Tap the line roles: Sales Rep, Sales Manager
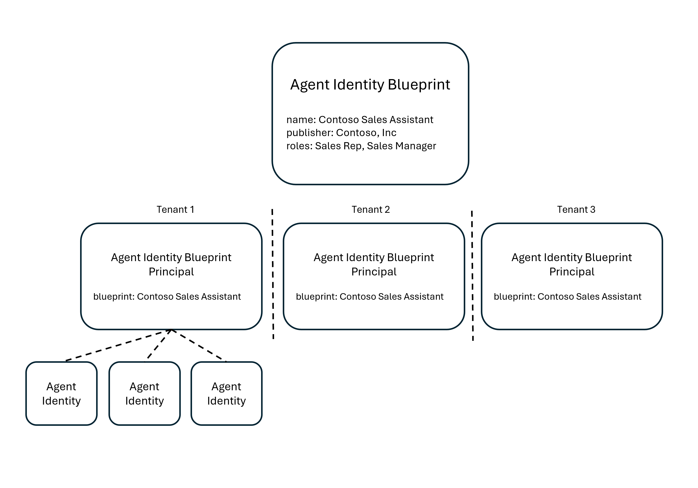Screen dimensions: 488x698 (361, 146)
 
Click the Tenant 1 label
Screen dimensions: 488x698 (175, 209)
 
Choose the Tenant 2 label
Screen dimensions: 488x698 (371, 209)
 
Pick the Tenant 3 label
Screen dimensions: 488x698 (576, 209)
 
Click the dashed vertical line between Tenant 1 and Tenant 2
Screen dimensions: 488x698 (273, 274)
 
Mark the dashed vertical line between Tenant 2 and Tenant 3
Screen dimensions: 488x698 (472, 274)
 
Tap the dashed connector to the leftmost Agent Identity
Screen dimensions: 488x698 (119, 345)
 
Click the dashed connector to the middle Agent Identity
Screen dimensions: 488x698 (159, 344)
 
